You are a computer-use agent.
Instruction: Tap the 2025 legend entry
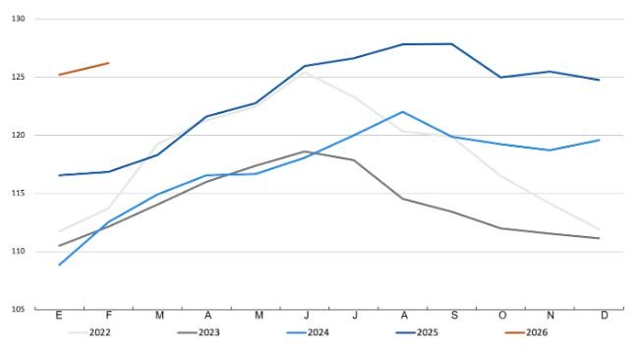pyautogui.click(x=426, y=332)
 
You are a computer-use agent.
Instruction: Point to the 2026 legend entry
pyautogui.click(x=535, y=332)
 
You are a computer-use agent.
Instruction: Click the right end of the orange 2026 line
pyautogui.click(x=108, y=63)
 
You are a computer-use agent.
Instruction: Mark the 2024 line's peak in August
pyautogui.click(x=402, y=112)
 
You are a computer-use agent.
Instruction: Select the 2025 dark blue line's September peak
pyautogui.click(x=451, y=43)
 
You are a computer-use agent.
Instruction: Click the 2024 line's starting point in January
pyautogui.click(x=60, y=265)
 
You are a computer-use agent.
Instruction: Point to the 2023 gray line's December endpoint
pyautogui.click(x=599, y=238)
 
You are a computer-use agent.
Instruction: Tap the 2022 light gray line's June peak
pyautogui.click(x=305, y=72)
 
